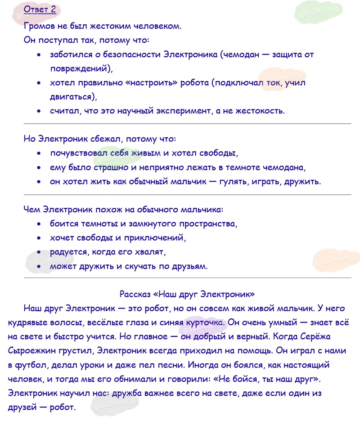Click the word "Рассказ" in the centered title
pyautogui.click(x=135, y=294)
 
